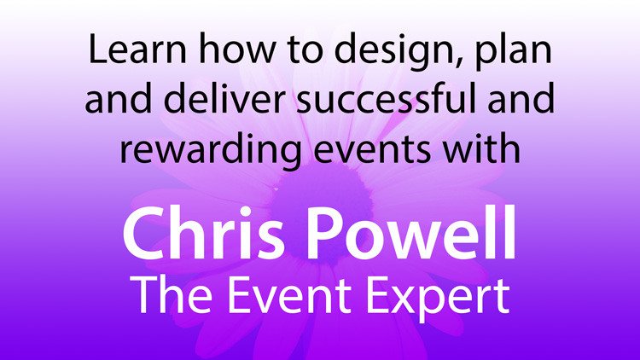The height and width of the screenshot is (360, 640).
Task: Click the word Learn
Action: click(137, 49)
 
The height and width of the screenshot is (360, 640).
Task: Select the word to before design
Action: click(305, 51)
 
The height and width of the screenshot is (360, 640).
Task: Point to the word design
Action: click(394, 52)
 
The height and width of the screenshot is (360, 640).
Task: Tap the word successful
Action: click(386, 98)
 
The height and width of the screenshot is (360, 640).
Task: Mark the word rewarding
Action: click(210, 149)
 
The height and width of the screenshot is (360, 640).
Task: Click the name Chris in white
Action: click(203, 232)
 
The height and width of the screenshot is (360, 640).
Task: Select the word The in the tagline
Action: click(173, 293)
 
